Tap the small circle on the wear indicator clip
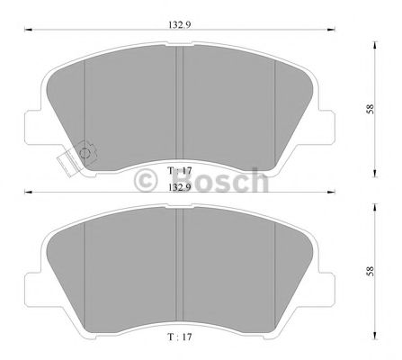85,152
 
